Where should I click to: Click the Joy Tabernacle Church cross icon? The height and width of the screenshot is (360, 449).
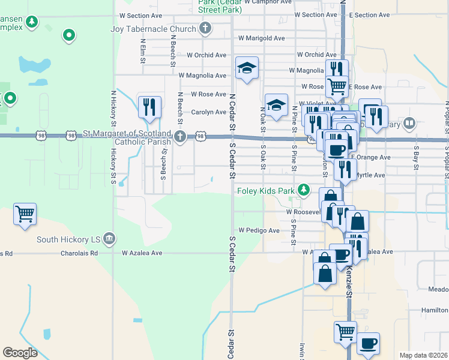tap(205, 28)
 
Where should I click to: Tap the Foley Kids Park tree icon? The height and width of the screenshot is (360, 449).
tap(304, 190)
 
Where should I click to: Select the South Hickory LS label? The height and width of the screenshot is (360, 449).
tap(69, 239)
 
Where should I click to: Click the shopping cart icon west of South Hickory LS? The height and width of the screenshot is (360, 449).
tap(25, 214)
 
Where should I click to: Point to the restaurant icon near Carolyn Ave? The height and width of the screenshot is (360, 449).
tap(149, 106)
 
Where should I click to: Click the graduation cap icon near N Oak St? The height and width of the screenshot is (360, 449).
tap(276, 105)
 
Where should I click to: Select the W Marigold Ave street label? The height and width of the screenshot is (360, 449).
tap(261, 38)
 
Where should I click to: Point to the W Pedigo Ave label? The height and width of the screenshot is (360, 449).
tap(259, 230)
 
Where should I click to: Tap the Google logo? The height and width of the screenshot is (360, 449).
tap(20, 353)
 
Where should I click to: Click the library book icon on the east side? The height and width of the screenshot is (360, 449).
tap(409, 124)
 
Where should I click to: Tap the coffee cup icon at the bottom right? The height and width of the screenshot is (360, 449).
tap(368, 344)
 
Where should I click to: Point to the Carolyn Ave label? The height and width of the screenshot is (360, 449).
tap(208, 112)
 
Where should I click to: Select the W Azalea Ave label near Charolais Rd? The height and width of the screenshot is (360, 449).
tap(142, 253)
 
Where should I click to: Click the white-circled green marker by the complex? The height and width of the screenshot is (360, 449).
tap(69, 35)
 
